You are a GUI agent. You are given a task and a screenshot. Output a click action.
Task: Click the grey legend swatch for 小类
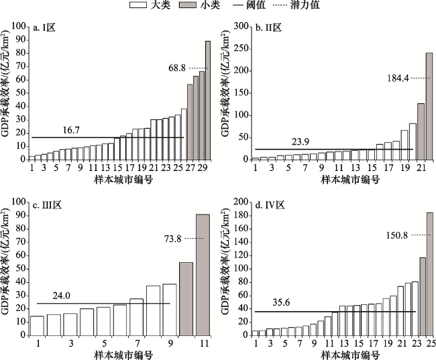click(x=205, y=5)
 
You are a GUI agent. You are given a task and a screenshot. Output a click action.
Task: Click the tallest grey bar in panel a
click(x=207, y=101)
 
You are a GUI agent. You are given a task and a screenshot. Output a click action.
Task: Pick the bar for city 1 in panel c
click(x=38, y=325)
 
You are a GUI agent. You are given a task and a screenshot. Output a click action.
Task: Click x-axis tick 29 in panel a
click(x=202, y=168)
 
